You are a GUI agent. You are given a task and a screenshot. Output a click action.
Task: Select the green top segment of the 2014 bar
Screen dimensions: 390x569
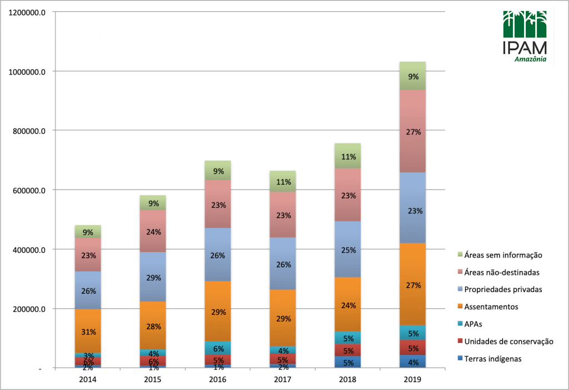[88, 231]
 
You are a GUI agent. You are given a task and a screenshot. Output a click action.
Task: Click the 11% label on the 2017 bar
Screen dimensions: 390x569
[283, 181]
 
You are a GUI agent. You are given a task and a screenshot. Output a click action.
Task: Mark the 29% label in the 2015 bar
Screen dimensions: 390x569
[153, 277]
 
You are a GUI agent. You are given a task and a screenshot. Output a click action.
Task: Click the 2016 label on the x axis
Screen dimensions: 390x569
[218, 380]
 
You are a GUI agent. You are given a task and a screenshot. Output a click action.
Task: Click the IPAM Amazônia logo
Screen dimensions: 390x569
[525, 37]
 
